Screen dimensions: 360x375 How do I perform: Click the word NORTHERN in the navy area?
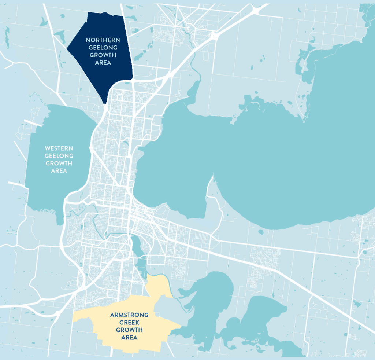tap(103, 40)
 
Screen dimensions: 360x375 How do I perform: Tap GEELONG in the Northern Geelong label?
tap(103, 48)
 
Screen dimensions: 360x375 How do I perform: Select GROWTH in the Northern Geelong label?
tap(103, 55)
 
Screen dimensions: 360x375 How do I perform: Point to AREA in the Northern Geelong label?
tap(103, 63)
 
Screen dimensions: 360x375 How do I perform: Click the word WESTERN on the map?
tap(59, 148)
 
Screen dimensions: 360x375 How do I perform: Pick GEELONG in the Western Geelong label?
tap(59, 156)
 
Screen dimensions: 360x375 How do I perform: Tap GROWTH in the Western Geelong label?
tap(59, 164)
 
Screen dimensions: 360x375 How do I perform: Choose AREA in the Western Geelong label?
tap(59, 171)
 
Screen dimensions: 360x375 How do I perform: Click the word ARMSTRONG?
tap(129, 315)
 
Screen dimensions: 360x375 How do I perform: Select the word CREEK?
tap(129, 323)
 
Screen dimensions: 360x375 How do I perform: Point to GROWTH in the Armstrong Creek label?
tap(129, 330)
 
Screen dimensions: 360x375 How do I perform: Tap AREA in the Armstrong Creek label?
tap(129, 338)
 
